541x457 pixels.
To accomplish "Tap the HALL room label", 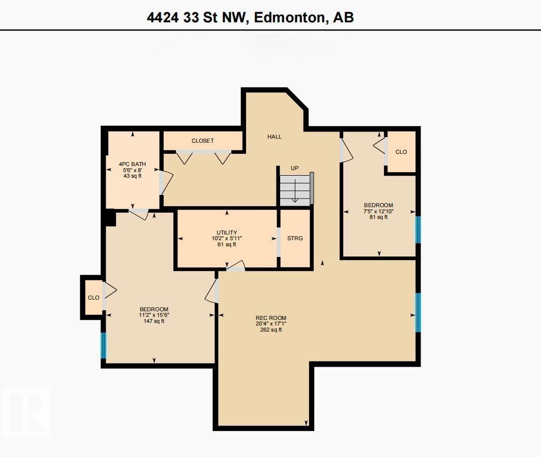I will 275,137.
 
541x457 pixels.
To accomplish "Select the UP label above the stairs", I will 294,168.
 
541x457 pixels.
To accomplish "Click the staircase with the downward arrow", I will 295,190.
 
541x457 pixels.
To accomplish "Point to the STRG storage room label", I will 295,238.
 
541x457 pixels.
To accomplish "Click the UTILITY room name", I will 227,233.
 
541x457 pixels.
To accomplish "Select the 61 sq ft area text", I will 227,244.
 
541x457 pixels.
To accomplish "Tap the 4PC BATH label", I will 132,164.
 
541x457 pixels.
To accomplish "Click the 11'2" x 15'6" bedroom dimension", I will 154,315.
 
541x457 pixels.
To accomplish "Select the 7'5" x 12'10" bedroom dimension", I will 378,211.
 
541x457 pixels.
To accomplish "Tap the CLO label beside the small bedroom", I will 401,152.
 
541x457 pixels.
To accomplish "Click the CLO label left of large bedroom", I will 94,298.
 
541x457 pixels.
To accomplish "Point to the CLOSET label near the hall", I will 202,141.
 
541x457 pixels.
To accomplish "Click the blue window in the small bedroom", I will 418,230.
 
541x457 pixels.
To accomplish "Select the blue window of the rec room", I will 418,312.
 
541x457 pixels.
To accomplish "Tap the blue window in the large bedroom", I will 104,345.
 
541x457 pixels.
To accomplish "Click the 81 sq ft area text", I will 378,217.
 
